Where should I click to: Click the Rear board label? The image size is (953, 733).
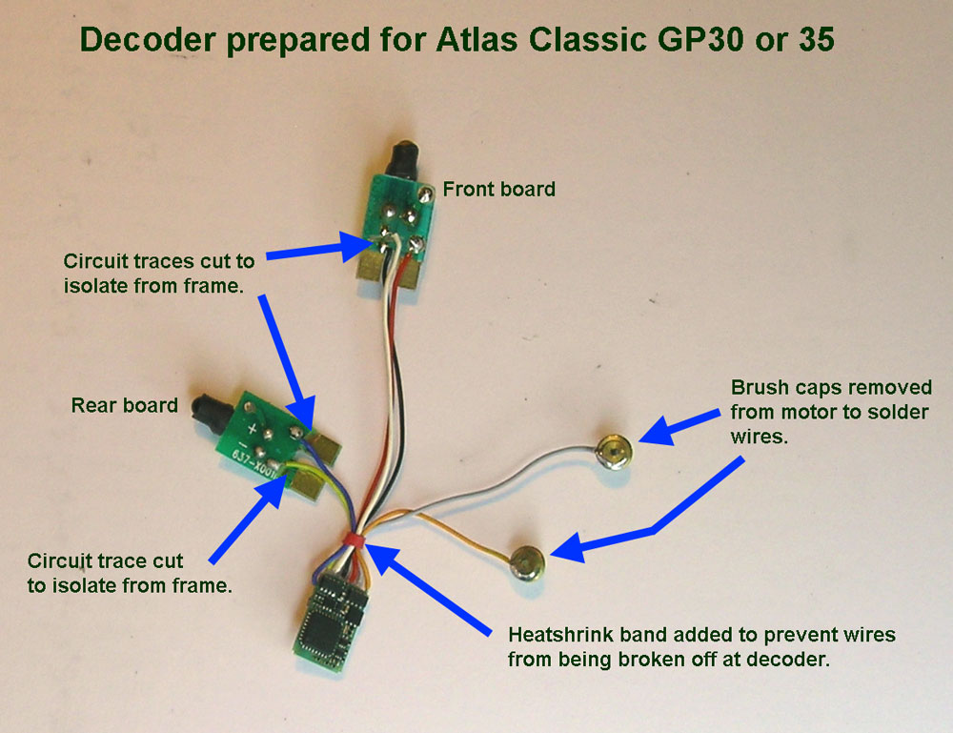click(124, 405)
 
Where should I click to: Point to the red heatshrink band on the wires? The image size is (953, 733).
click(354, 541)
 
